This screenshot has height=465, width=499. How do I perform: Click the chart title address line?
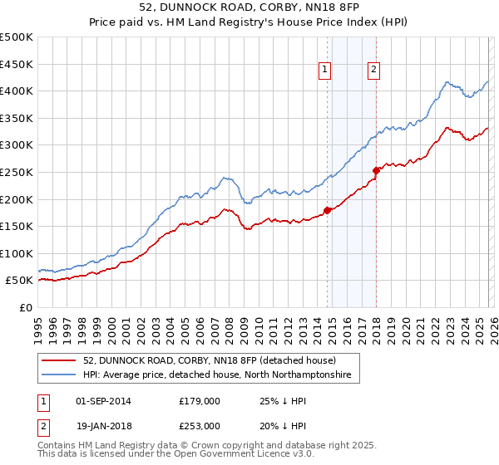(x=249, y=8)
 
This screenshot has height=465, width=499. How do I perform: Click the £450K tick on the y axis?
(x=17, y=64)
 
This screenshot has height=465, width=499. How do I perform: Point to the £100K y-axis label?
(x=17, y=253)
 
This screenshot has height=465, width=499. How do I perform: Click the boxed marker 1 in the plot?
(x=324, y=71)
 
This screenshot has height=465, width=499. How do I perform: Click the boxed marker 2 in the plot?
(x=374, y=71)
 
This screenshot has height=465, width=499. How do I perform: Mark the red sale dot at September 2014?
(x=327, y=210)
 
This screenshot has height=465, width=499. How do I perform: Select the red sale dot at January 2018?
(x=376, y=170)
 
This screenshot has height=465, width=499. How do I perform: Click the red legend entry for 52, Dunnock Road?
(x=208, y=361)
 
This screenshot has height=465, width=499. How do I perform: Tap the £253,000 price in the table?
(x=199, y=425)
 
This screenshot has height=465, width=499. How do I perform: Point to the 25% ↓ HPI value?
(x=283, y=400)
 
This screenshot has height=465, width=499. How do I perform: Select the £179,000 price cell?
(x=199, y=400)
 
